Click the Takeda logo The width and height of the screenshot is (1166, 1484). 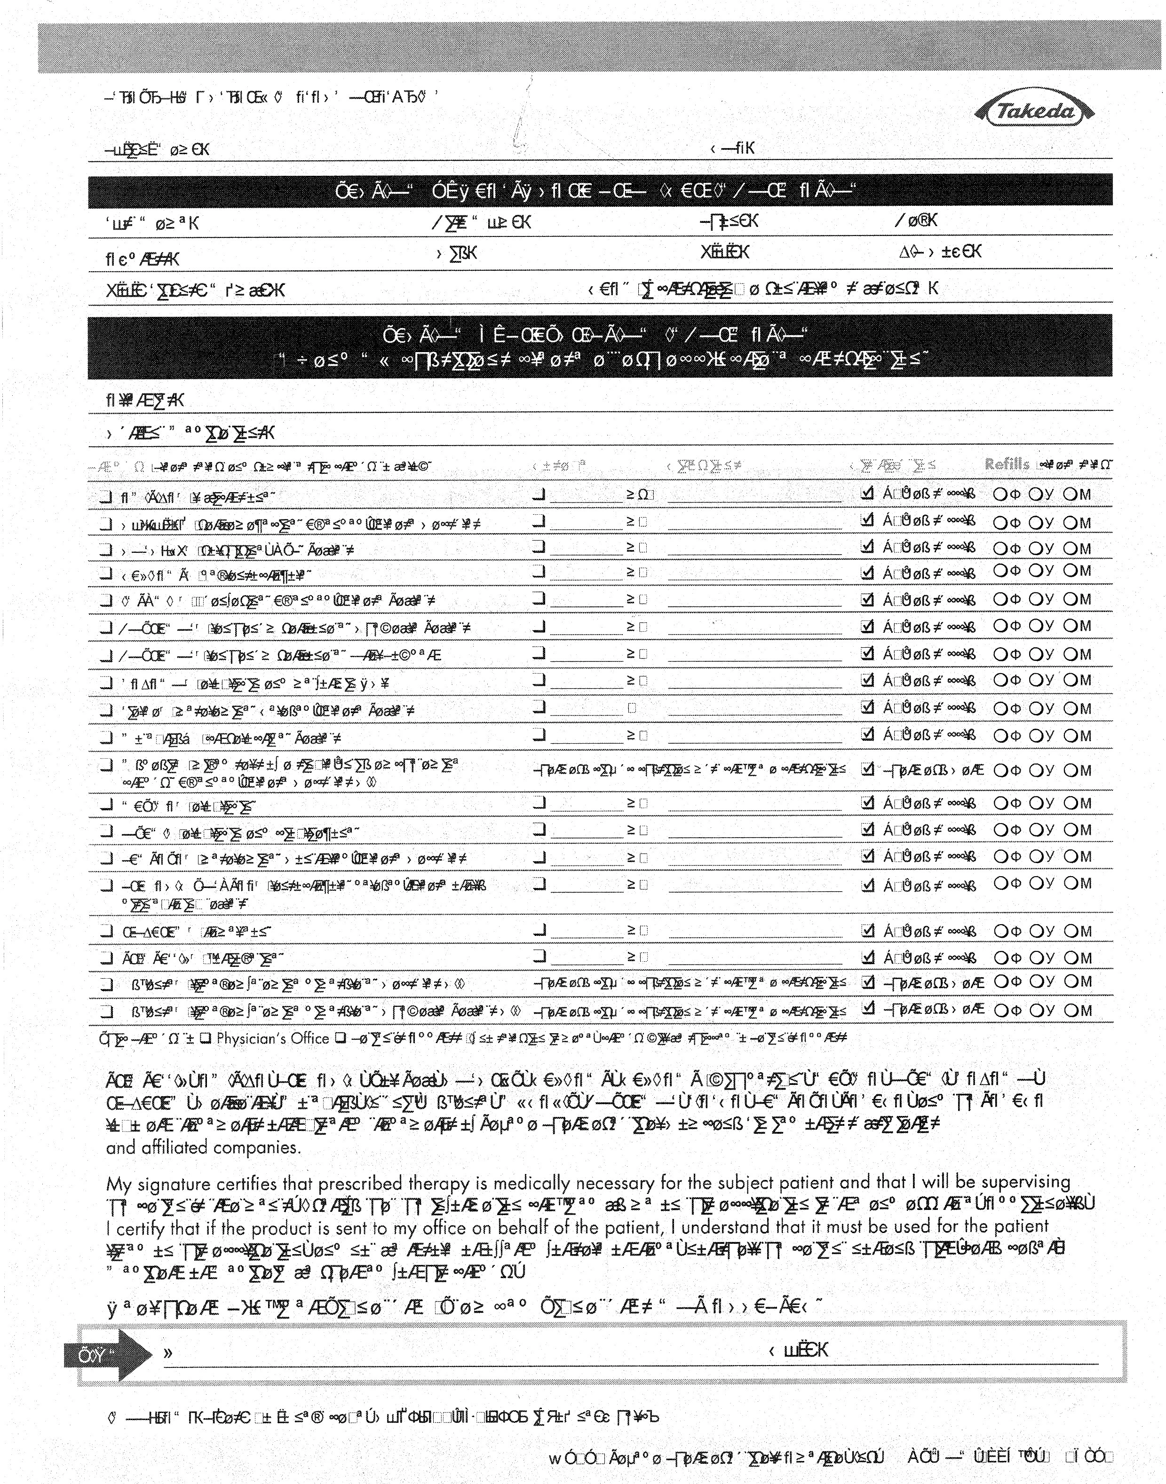(1035, 111)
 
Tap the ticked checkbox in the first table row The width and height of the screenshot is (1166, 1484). (867, 493)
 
